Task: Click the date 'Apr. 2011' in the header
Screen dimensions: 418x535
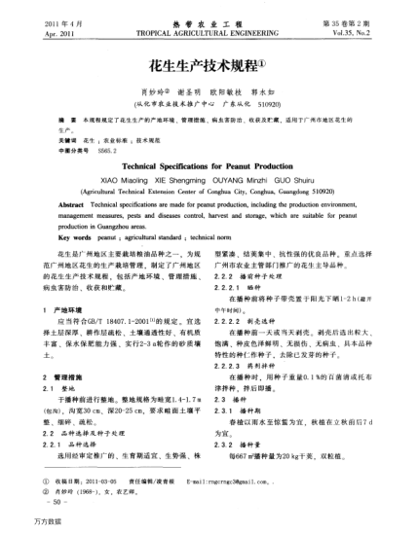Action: click(35, 29)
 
